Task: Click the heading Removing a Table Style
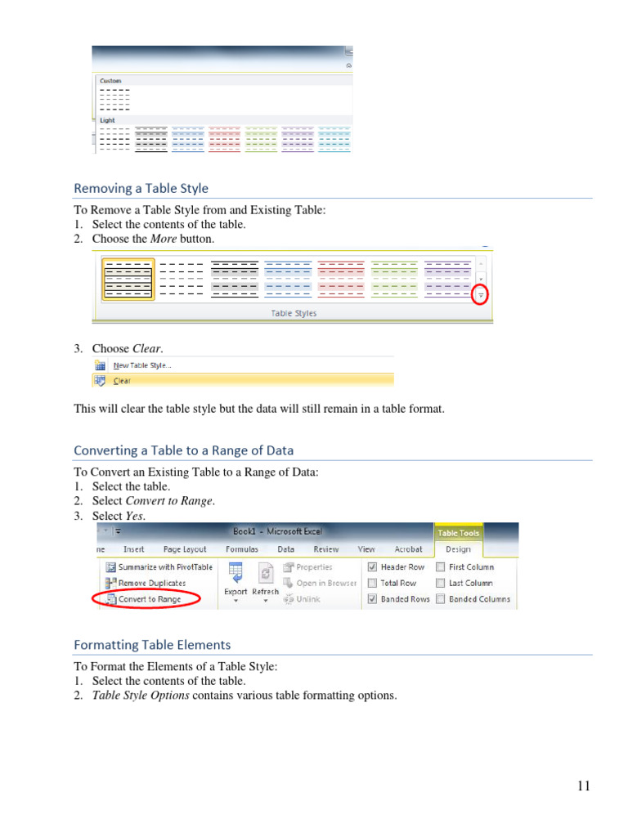click(x=141, y=188)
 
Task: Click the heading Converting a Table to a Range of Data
click(x=183, y=450)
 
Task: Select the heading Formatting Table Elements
click(x=152, y=645)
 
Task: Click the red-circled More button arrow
click(x=481, y=294)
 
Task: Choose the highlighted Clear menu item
click(x=122, y=380)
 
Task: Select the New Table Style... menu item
click(x=142, y=365)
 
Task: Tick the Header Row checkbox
click(x=372, y=567)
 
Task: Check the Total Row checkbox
click(x=372, y=584)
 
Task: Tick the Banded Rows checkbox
click(x=372, y=599)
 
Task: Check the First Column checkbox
click(x=441, y=567)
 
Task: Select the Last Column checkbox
click(x=441, y=584)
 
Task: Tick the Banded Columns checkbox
click(x=441, y=599)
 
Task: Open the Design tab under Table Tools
click(x=458, y=549)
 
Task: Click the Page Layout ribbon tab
click(x=184, y=549)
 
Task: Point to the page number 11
click(x=583, y=786)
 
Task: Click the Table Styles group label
click(x=294, y=313)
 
